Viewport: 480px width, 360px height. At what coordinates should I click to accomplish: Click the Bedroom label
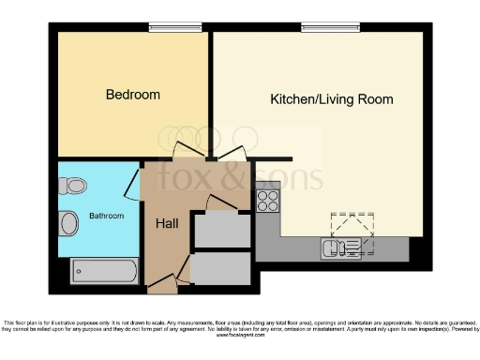pyautogui.click(x=132, y=95)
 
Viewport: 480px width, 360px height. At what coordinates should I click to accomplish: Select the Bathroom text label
pyautogui.click(x=106, y=217)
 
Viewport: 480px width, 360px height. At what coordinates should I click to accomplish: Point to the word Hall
pyautogui.click(x=169, y=223)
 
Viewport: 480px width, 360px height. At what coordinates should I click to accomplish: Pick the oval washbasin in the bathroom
pyautogui.click(x=68, y=223)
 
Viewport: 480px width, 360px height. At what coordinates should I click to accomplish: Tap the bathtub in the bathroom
pyautogui.click(x=105, y=270)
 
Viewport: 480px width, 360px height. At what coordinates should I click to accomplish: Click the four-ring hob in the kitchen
pyautogui.click(x=267, y=200)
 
